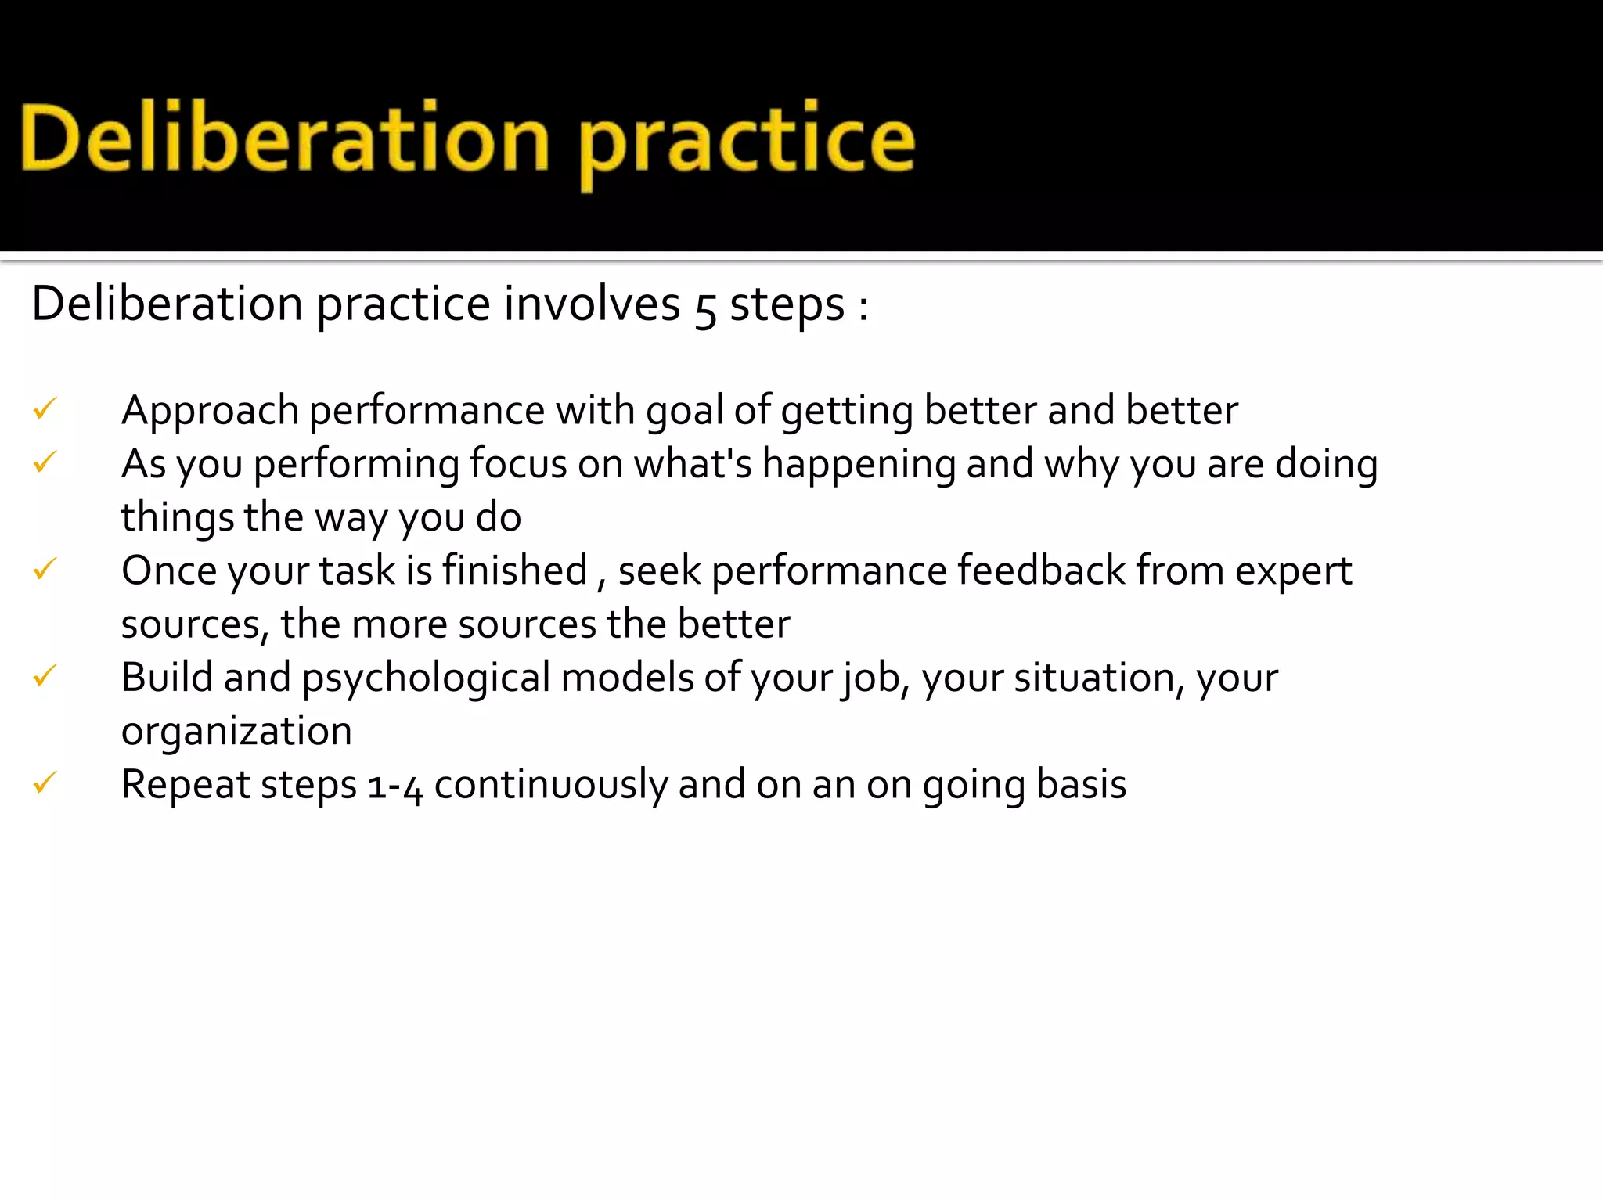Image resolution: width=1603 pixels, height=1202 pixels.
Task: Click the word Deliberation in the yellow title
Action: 286,139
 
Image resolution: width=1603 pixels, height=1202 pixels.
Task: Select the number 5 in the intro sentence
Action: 704,307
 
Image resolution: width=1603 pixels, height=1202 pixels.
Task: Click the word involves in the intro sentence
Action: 592,304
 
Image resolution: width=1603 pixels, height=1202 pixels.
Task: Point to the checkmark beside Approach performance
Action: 45,408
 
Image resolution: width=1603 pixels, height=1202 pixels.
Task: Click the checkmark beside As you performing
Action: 45,462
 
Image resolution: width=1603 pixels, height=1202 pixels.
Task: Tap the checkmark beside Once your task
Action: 45,569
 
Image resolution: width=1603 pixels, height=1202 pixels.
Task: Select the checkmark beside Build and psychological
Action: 45,675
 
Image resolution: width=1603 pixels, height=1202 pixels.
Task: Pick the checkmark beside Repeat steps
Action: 45,783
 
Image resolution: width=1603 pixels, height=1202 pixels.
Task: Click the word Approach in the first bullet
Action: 210,412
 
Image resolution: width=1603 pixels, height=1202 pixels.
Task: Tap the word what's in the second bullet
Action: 693,463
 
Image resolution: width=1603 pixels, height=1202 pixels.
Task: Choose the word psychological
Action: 427,678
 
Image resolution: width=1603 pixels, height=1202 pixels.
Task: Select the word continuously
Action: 550,786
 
